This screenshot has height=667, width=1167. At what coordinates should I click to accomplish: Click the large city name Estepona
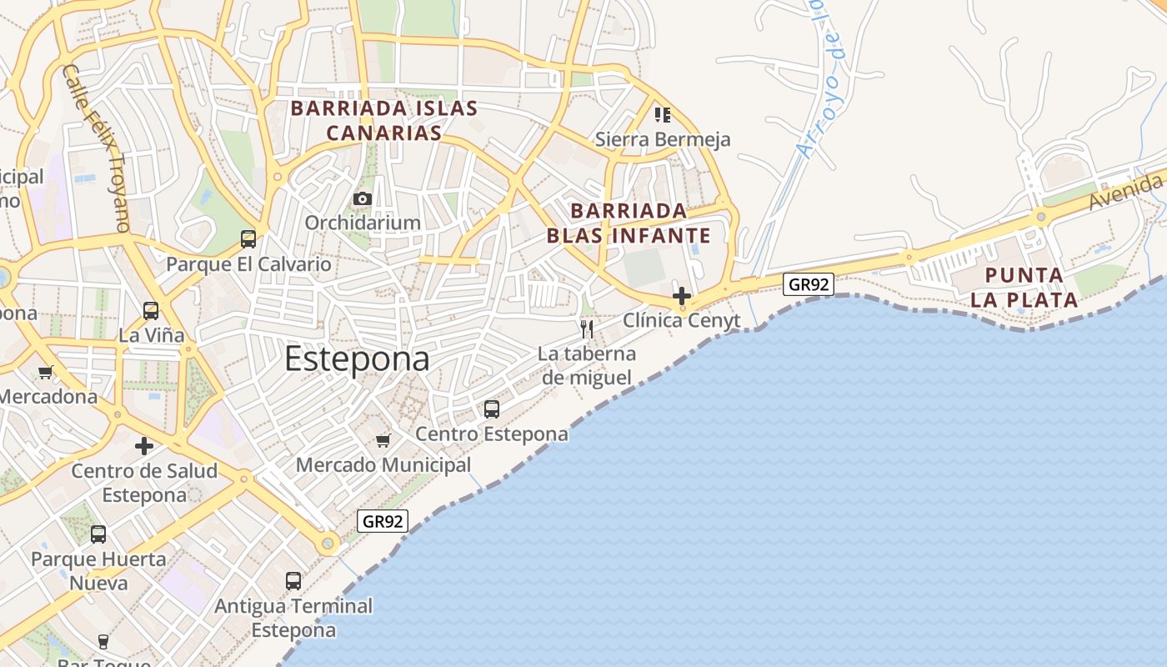coord(357,359)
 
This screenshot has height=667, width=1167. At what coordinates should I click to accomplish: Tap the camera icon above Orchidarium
coord(362,198)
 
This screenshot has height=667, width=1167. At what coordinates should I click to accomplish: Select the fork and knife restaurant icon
coord(587,328)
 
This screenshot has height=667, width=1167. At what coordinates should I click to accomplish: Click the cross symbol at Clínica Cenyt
coord(682,296)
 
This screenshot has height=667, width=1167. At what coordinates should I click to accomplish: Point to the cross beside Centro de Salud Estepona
coord(144,446)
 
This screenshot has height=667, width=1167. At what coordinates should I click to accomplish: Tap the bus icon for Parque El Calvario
coord(248,239)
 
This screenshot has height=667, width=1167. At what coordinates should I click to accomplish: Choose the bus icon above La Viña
coord(151,311)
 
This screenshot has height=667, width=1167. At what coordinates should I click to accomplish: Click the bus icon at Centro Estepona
coord(492,409)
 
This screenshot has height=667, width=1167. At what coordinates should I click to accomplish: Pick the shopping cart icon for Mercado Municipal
coord(383,440)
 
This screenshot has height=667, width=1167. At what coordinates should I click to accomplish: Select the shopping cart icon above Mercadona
coord(45,373)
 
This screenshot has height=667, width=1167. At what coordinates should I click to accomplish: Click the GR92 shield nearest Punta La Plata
coord(809,284)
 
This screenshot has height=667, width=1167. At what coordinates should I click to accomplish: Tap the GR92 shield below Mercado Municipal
coord(383,522)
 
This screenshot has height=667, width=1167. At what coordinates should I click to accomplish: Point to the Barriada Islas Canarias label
coord(383,120)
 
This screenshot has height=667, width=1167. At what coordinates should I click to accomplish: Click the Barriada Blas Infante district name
coord(629,223)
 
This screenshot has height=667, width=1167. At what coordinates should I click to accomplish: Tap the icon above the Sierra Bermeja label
coord(662,114)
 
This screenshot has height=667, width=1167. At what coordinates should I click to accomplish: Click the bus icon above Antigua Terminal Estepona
coord(293,581)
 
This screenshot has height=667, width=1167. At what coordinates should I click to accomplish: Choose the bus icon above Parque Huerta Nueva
coord(98,534)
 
